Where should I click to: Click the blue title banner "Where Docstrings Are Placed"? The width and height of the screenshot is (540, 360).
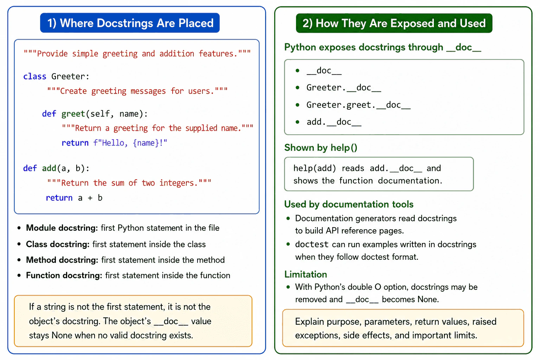coord(130,23)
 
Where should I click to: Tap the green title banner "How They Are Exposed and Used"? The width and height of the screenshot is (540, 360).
coord(394,23)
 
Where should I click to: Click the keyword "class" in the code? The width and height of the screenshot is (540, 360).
coord(35,76)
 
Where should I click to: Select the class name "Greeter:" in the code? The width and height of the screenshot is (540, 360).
coord(70,76)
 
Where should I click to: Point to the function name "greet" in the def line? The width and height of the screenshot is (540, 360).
coord(73,114)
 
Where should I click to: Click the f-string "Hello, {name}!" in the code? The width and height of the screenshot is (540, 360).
coord(130,143)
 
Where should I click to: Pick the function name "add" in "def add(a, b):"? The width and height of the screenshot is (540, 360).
coord(49,168)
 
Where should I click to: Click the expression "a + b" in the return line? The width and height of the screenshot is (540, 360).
coord(90,198)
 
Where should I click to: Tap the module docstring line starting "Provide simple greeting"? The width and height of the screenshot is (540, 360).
coord(137,53)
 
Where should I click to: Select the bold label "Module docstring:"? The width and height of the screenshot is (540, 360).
coord(62,228)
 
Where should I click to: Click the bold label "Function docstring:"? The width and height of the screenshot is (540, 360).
coord(64,275)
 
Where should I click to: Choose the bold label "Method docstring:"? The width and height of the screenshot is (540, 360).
coord(62,260)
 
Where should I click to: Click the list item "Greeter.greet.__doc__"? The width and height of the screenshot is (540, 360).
coord(359,105)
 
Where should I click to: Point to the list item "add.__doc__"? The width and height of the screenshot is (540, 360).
coord(334,122)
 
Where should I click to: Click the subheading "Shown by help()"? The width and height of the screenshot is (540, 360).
coord(321,148)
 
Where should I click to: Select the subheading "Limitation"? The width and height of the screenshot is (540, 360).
coord(306,275)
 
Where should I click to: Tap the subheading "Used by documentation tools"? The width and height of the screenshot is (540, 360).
coord(349,204)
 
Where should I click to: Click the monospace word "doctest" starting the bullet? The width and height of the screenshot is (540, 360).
coord(312,244)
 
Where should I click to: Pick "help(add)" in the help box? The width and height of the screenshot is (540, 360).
coord(315,168)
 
